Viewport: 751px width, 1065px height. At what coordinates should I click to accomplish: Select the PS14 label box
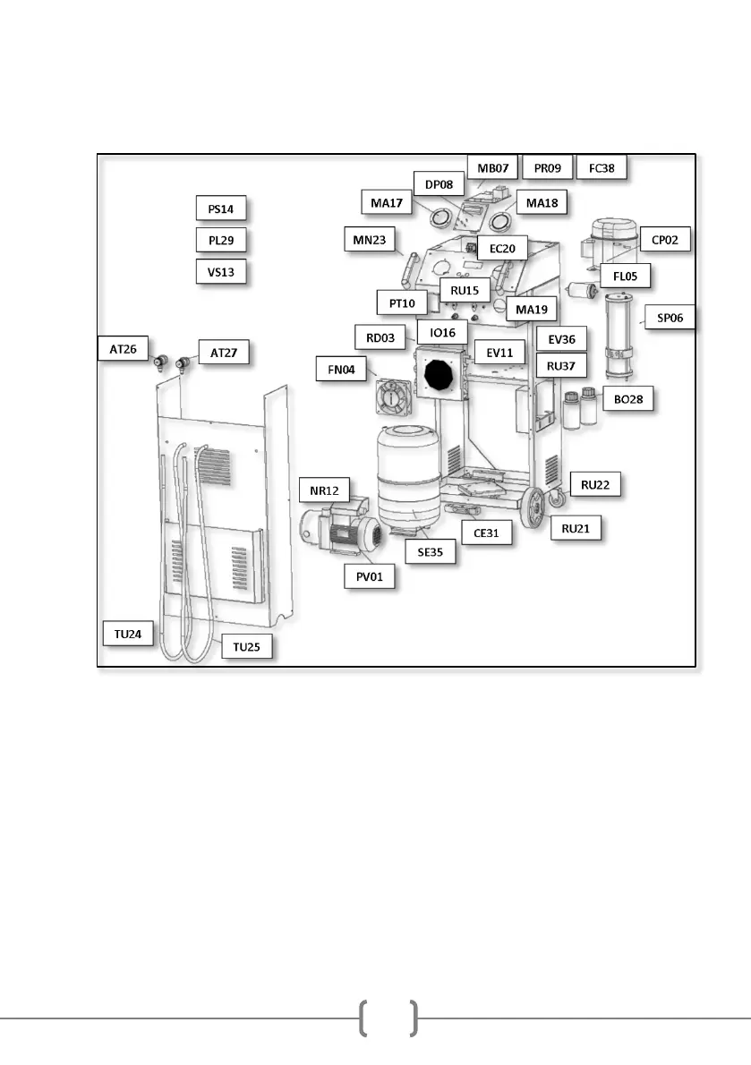coord(220,209)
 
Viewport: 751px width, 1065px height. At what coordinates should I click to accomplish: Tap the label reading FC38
coord(602,167)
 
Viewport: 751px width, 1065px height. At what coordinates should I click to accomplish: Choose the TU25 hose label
coord(246,645)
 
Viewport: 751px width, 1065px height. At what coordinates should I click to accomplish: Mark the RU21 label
coord(576,529)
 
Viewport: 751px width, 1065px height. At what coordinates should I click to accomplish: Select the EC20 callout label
coord(502,248)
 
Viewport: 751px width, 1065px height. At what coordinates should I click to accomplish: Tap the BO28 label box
coord(628,400)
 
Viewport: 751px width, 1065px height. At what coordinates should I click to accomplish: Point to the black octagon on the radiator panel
coord(439,374)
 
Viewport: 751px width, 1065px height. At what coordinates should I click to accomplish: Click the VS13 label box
coord(220,271)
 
